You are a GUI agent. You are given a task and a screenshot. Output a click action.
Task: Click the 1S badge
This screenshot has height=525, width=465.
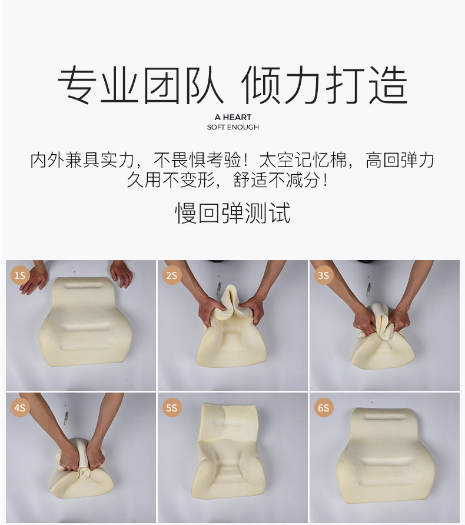20,275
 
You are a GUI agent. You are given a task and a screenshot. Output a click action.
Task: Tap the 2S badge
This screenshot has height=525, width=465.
172,275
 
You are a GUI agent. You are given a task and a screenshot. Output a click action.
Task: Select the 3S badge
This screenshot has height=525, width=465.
323,275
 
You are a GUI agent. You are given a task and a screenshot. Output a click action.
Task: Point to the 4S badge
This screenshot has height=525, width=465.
20,407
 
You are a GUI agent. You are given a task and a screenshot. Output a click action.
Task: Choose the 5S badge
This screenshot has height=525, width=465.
172,407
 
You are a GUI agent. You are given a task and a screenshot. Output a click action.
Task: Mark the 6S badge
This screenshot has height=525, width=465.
323,407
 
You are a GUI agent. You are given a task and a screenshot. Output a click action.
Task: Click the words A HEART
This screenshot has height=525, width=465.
232,117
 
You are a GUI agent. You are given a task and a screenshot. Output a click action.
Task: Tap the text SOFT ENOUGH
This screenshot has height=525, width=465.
232,127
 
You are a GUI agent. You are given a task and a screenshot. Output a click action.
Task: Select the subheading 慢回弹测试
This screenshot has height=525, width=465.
232,213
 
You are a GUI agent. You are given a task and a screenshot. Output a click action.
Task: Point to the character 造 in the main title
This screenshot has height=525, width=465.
388,84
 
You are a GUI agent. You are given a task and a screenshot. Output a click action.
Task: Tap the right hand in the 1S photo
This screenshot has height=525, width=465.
121,273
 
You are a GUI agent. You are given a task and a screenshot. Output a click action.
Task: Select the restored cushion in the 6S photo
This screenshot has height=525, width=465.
385,456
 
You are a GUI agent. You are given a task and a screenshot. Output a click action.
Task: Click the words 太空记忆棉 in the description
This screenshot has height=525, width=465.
303,160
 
